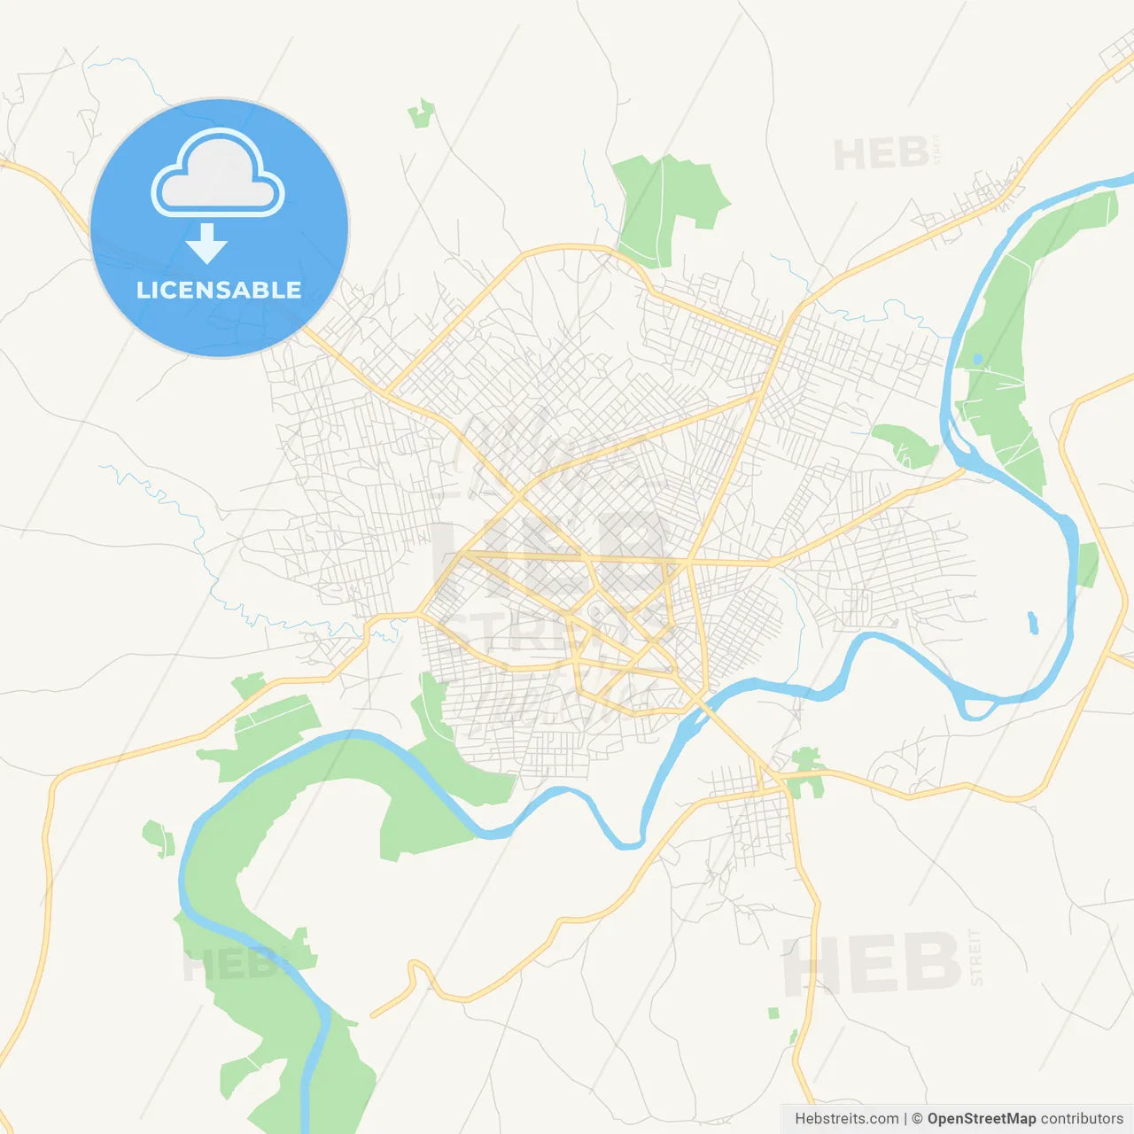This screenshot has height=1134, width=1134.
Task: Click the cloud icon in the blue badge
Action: (218, 174)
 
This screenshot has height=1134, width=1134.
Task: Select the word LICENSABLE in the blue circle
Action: (219, 290)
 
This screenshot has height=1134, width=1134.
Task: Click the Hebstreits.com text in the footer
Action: (846, 1119)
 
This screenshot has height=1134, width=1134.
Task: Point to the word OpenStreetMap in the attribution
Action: (981, 1119)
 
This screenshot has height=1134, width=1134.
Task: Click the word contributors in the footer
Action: (1082, 1119)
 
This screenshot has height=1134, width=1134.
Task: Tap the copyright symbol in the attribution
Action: (917, 1119)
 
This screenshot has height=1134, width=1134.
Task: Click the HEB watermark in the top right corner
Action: (881, 154)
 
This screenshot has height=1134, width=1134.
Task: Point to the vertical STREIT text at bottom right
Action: (976, 957)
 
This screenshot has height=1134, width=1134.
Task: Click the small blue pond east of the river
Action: (1033, 622)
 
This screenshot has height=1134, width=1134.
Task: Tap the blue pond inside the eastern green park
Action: (977, 360)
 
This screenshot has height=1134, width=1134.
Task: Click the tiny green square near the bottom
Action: (773, 1013)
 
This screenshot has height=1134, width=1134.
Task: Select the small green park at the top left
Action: (422, 113)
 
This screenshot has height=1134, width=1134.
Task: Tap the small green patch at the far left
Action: (158, 838)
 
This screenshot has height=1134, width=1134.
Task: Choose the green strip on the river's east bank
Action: (1088, 564)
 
